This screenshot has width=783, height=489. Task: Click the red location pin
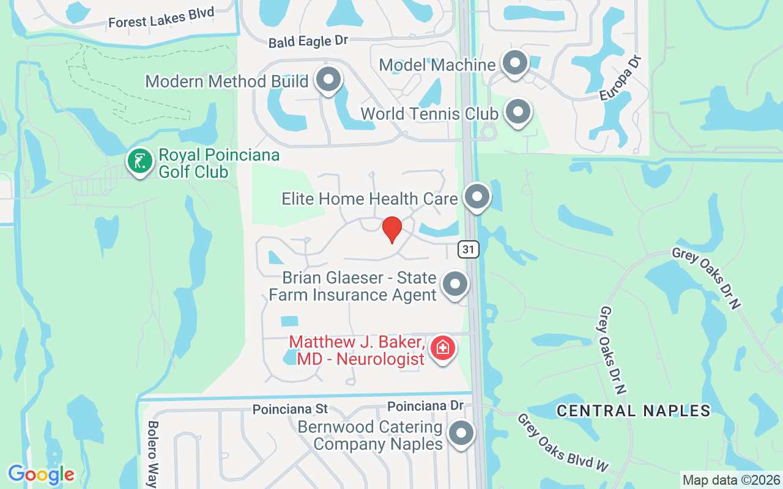[391, 229]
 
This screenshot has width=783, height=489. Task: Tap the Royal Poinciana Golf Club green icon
[140, 161]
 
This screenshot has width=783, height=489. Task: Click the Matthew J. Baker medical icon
[442, 348]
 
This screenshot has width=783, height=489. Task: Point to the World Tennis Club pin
[518, 112]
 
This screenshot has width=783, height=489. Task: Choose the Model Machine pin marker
[514, 62]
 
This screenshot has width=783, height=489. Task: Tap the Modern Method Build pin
[328, 79]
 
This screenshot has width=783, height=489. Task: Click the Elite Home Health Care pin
[477, 197]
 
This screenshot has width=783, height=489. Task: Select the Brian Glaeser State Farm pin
[455, 284]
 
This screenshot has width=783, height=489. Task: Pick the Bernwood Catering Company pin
[461, 433]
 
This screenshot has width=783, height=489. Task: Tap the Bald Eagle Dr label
[308, 42]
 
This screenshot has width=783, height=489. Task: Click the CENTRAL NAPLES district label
[633, 411]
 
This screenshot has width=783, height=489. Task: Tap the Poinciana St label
[290, 409]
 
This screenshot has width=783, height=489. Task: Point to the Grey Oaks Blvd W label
[563, 443]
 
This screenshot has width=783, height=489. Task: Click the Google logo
[41, 474]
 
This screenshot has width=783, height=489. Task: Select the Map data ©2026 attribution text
[731, 480]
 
